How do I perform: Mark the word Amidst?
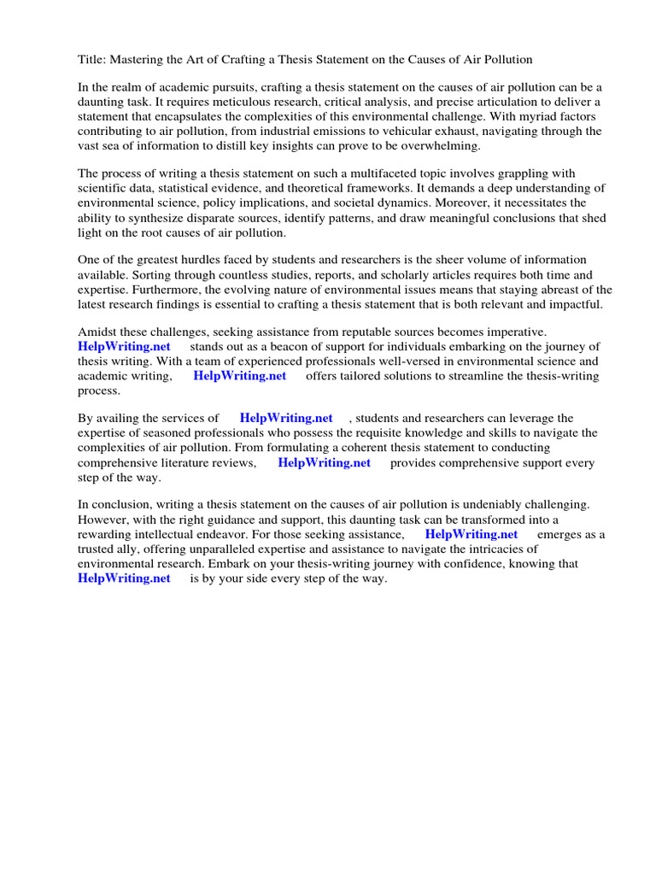click(x=98, y=332)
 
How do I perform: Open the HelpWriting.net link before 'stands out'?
click(x=124, y=346)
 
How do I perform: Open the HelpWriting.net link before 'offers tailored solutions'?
click(x=240, y=375)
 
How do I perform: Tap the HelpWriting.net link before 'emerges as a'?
click(x=471, y=535)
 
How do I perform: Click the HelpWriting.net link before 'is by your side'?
click(x=124, y=578)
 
